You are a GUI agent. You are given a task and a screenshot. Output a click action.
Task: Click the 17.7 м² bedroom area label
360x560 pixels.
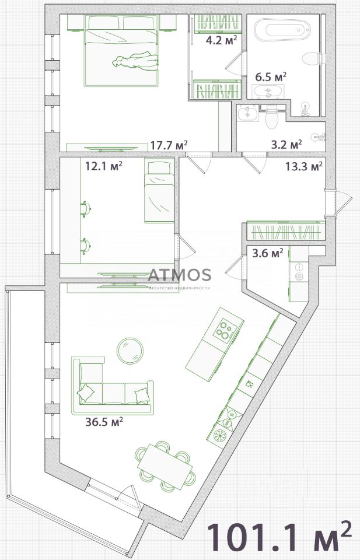[169, 145]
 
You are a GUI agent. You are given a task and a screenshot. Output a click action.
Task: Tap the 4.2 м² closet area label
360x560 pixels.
[222, 40]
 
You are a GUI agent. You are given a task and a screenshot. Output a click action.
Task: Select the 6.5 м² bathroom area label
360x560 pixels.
[271, 77]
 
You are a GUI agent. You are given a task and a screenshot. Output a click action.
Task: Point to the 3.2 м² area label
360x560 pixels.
[286, 145]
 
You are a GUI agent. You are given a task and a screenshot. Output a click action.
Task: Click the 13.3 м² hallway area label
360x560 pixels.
[304, 166]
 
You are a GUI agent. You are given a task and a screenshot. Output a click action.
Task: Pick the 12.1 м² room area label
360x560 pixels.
[104, 166]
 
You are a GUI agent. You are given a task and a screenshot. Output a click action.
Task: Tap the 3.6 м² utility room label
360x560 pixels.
[268, 253]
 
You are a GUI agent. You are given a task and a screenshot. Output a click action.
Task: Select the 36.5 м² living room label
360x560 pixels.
[104, 422]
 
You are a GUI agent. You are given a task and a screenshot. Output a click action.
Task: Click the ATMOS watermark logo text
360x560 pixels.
[180, 275]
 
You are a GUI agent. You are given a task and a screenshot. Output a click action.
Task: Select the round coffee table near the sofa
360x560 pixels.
[130, 351]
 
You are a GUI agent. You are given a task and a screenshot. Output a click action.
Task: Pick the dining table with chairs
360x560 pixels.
[165, 466]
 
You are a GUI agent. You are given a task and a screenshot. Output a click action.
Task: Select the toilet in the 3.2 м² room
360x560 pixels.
[271, 117]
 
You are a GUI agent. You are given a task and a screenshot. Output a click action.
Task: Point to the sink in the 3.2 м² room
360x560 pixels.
[247, 113]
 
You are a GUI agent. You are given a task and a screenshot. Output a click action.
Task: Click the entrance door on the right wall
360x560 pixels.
[337, 204]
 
